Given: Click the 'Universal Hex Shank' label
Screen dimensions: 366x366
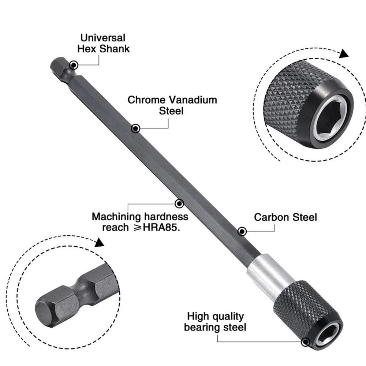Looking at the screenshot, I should tap(103, 43).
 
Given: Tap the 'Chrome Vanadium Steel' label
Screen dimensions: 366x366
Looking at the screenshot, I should tap(172, 105).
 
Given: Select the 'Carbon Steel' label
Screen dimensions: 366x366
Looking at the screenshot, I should tap(285, 217).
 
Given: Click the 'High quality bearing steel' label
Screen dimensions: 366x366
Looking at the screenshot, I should tap(215, 322).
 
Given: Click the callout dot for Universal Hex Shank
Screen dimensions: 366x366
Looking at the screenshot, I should tap(74, 65).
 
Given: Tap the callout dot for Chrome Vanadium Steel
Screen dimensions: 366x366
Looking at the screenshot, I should tap(135, 128).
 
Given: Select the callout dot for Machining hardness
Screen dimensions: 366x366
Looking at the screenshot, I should tap(179, 203).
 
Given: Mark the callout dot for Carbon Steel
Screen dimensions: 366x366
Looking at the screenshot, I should tap(242, 231).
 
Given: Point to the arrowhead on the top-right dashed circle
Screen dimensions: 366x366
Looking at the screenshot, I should tap(343, 54).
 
